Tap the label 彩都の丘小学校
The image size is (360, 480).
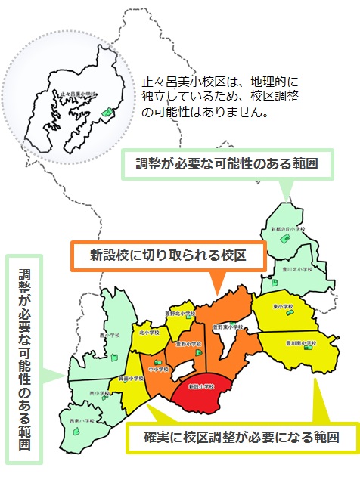290,228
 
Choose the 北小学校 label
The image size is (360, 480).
149,331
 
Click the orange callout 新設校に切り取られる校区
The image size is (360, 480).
168,255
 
